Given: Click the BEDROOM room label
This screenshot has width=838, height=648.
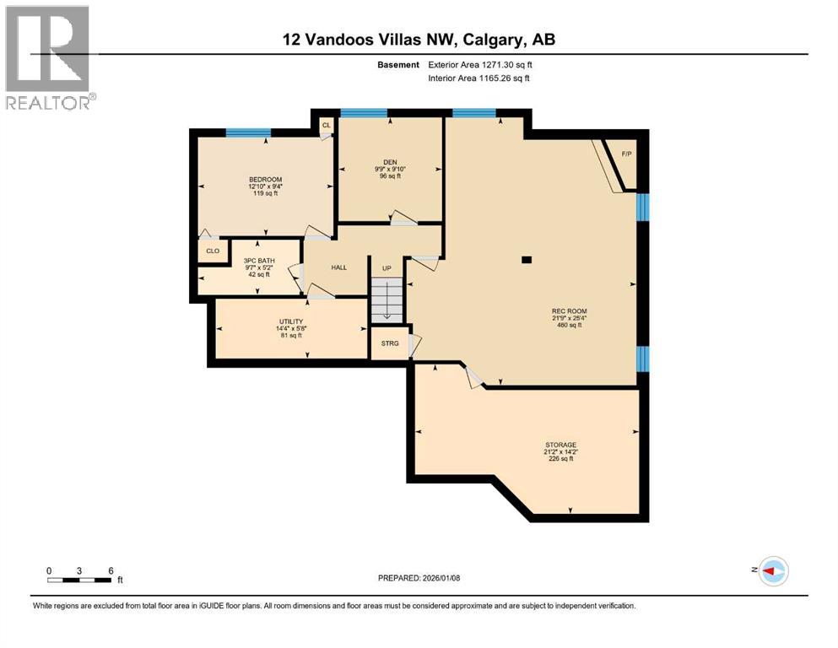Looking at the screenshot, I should pos(265,180).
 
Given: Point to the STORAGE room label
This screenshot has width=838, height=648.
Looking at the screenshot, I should pos(560,445).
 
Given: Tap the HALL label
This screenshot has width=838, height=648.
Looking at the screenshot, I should pos(338,267).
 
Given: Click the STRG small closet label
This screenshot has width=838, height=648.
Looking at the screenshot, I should pos(390,343).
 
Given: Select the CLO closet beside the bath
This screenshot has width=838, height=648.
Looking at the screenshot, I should pos(213,251).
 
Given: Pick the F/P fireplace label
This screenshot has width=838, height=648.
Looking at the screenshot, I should pos(627,154).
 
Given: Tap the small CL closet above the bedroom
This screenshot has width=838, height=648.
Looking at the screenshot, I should pos(325,125).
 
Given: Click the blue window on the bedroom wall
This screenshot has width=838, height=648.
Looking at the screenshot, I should pos(248,132).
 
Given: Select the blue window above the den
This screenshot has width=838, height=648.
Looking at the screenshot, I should pos(363,113).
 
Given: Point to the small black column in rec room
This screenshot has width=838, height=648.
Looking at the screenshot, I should pos(527,260).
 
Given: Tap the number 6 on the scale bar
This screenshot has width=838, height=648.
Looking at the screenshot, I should pos(111,570).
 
